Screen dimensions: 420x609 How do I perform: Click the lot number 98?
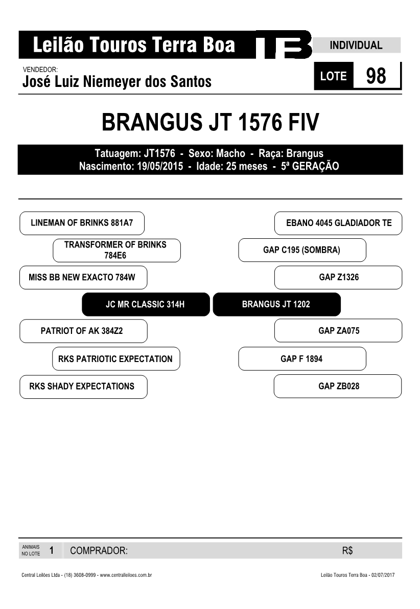(376, 76)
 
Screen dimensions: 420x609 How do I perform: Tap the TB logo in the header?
(284, 44)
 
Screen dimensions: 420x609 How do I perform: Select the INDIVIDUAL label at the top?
(356, 45)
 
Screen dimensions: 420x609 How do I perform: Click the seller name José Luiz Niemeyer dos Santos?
(117, 82)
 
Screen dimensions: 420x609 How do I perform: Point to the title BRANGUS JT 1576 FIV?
(211, 122)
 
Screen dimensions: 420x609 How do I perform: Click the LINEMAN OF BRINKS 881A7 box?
(82, 223)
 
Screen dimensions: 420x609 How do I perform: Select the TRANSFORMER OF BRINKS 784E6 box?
(116, 250)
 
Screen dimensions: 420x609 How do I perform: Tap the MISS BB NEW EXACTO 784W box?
(83, 277)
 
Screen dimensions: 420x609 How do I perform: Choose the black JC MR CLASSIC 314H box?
(146, 304)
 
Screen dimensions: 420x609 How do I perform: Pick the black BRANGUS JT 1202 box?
(276, 304)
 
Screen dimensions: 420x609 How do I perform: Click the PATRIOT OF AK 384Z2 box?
(83, 331)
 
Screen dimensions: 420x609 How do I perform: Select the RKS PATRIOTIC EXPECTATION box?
(116, 358)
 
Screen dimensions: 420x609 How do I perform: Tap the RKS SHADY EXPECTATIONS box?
(83, 387)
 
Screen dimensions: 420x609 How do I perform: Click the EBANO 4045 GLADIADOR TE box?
(338, 223)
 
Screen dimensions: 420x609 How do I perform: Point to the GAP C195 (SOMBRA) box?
(302, 250)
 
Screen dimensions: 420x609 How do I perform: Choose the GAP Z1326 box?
(338, 277)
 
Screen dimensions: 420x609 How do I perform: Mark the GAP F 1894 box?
(302, 358)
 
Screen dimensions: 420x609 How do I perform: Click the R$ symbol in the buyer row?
(347, 550)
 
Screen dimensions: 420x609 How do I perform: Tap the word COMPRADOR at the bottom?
(99, 550)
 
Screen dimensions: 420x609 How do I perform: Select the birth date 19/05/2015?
(160, 166)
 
